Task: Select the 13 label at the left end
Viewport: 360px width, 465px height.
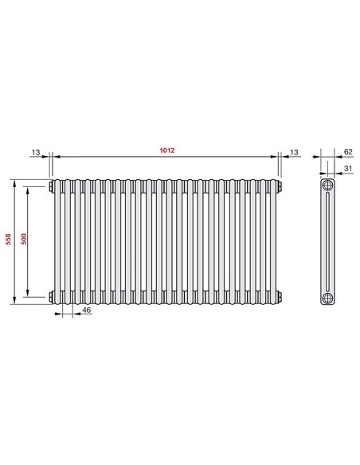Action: (36, 151)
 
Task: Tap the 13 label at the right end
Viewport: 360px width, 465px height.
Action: (294, 151)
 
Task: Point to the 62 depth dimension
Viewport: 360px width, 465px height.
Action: (347, 151)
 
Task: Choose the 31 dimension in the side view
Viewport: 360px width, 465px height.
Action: (347, 168)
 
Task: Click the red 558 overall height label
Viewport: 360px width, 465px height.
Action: (7, 240)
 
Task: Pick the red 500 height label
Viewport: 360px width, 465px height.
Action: (23, 240)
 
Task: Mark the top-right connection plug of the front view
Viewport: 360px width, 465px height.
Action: (280, 187)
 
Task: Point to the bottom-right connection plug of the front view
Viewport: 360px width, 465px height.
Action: (280, 296)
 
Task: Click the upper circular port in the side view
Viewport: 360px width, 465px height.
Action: (327, 187)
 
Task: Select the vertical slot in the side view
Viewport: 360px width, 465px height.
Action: (327, 242)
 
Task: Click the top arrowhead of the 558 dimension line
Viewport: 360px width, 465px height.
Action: (14, 182)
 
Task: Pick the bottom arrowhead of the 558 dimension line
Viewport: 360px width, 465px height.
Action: (14, 301)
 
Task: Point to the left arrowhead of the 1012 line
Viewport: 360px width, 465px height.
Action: (57, 158)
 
